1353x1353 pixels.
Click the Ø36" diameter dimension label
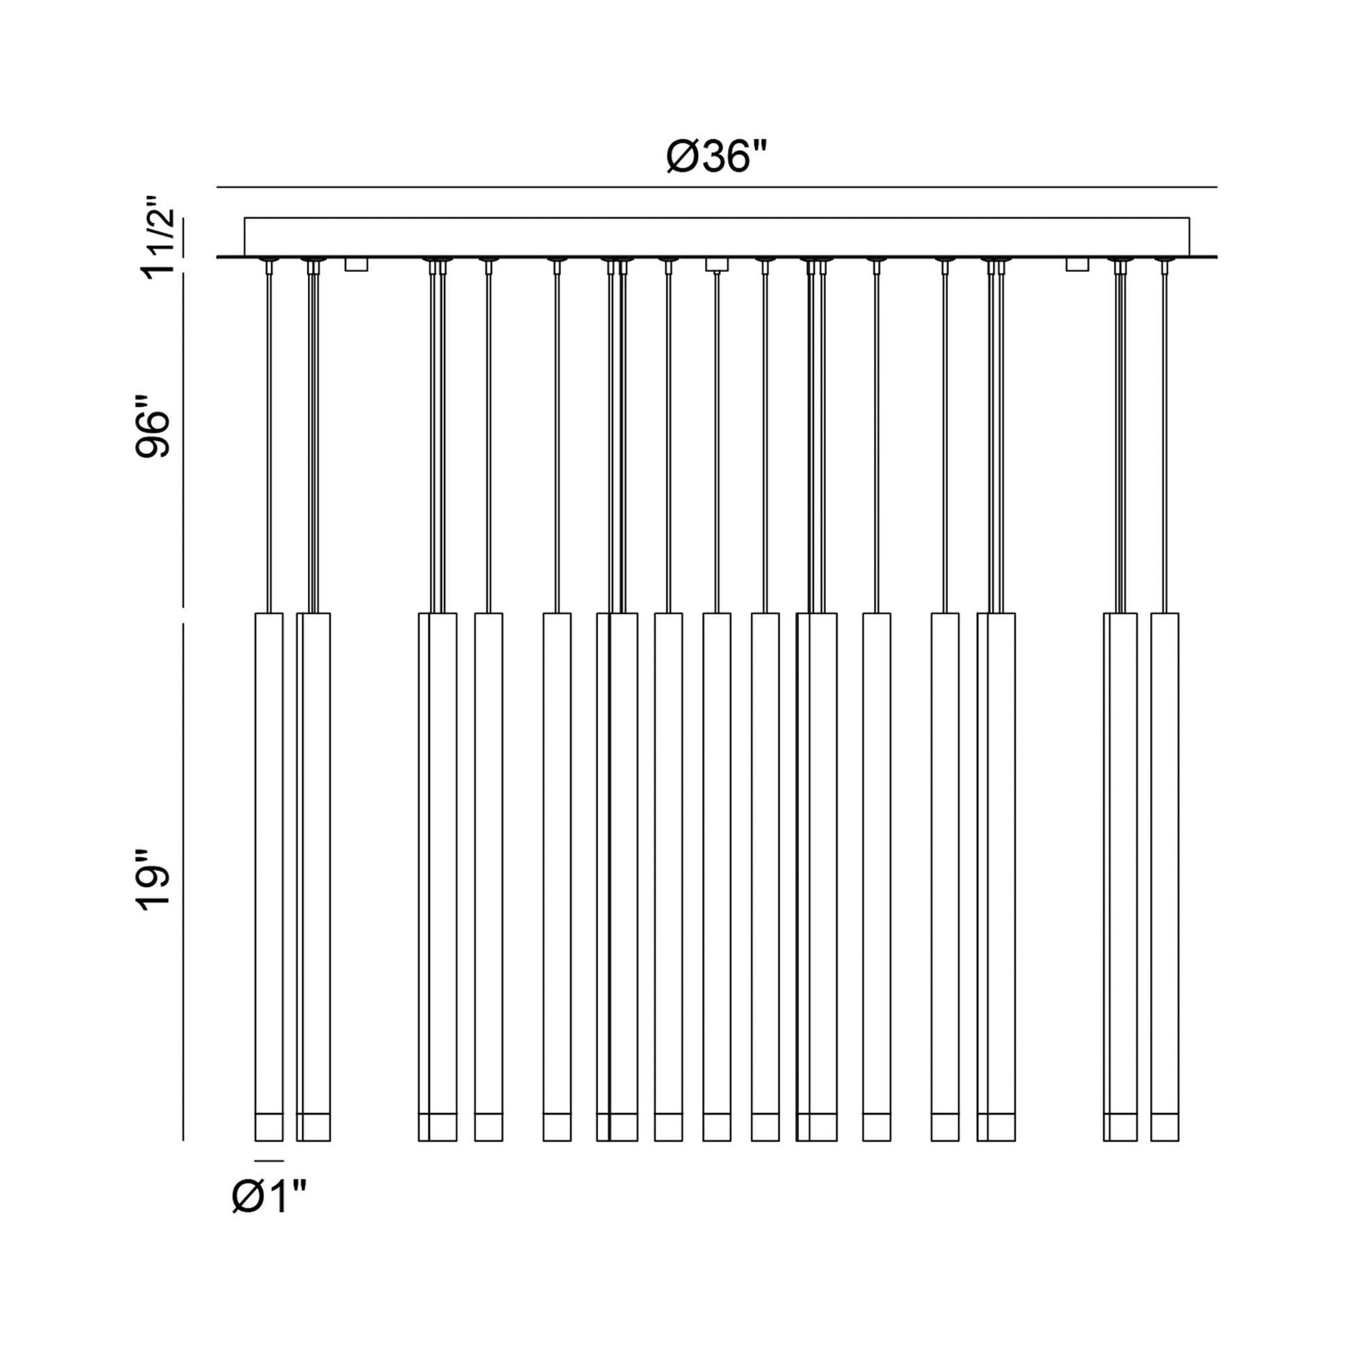(715, 156)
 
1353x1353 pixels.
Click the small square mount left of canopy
(357, 264)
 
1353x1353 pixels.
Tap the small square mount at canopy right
(1077, 264)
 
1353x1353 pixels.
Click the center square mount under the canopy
(716, 264)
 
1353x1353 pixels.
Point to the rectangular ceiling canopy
(716, 236)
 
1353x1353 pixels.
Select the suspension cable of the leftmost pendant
(269, 441)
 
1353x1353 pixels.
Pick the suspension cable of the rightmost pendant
(1164, 441)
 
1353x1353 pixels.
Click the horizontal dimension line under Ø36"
(716, 188)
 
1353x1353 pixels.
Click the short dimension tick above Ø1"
(269, 1161)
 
